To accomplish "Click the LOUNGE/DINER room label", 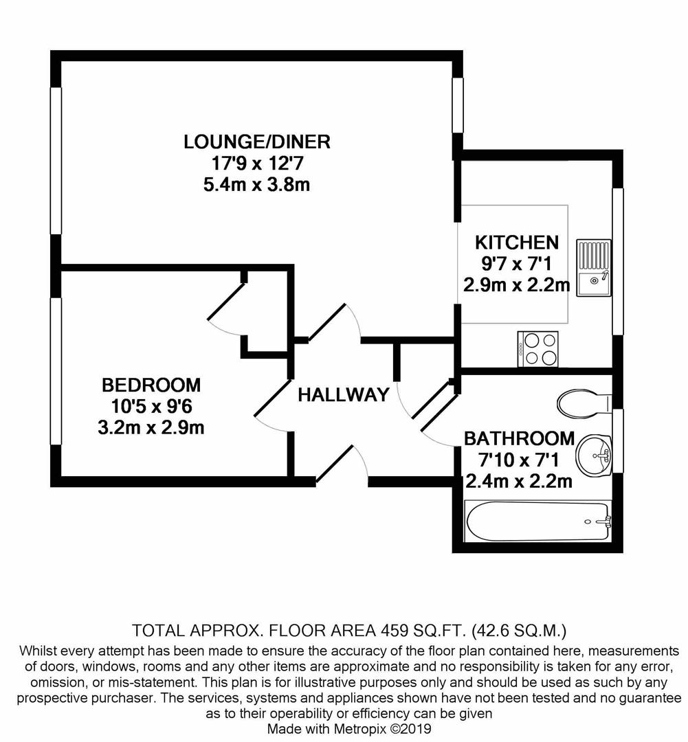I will tap(257, 142).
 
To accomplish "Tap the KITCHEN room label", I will tap(517, 242).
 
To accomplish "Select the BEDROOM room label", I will tap(151, 385).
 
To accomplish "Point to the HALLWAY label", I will tap(344, 395).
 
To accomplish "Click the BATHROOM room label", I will tap(520, 438).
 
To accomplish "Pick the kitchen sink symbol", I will tap(593, 268).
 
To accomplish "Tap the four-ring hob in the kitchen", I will tap(538, 349).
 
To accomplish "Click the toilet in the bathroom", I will tap(584, 404).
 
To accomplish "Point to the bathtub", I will tap(537, 521).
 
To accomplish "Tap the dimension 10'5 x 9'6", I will tap(151, 406).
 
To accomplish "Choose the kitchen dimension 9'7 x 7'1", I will tap(517, 263).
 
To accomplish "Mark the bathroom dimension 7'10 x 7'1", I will tap(520, 460).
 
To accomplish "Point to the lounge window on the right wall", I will tap(457, 105).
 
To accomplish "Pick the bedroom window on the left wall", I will tap(56, 371).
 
